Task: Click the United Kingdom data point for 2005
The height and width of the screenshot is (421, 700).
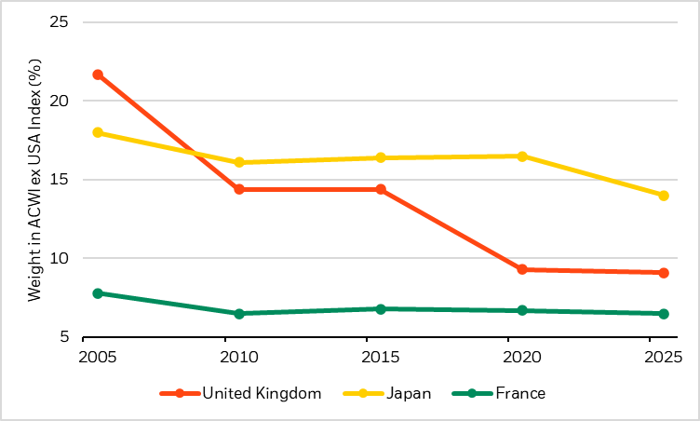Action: click(x=98, y=75)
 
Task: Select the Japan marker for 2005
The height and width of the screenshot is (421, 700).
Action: click(x=98, y=132)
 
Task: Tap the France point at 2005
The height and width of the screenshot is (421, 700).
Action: click(x=98, y=293)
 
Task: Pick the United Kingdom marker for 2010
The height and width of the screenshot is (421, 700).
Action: click(x=239, y=189)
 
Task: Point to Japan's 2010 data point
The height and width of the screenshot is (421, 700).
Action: click(x=239, y=162)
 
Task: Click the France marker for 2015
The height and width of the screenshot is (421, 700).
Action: click(x=381, y=308)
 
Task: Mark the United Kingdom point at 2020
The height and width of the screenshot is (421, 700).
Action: click(x=522, y=269)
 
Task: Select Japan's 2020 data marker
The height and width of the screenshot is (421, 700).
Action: click(x=522, y=156)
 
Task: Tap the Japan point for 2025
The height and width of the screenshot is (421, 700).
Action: click(x=664, y=196)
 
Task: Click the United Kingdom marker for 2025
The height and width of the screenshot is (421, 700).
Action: click(x=664, y=273)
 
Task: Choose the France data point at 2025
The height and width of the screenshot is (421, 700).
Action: click(x=664, y=314)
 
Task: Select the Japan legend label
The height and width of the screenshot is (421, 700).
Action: click(x=409, y=393)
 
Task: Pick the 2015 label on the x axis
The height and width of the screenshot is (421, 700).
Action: click(x=381, y=356)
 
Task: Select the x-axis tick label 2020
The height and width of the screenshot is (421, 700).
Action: click(x=522, y=356)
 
